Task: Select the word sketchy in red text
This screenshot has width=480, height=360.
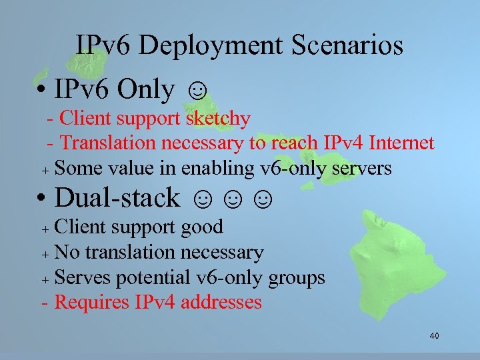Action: point(218,119)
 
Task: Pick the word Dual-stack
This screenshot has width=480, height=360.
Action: point(117,197)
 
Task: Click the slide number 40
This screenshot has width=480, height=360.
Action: point(434,335)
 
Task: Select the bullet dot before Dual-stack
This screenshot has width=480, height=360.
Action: point(41,199)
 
